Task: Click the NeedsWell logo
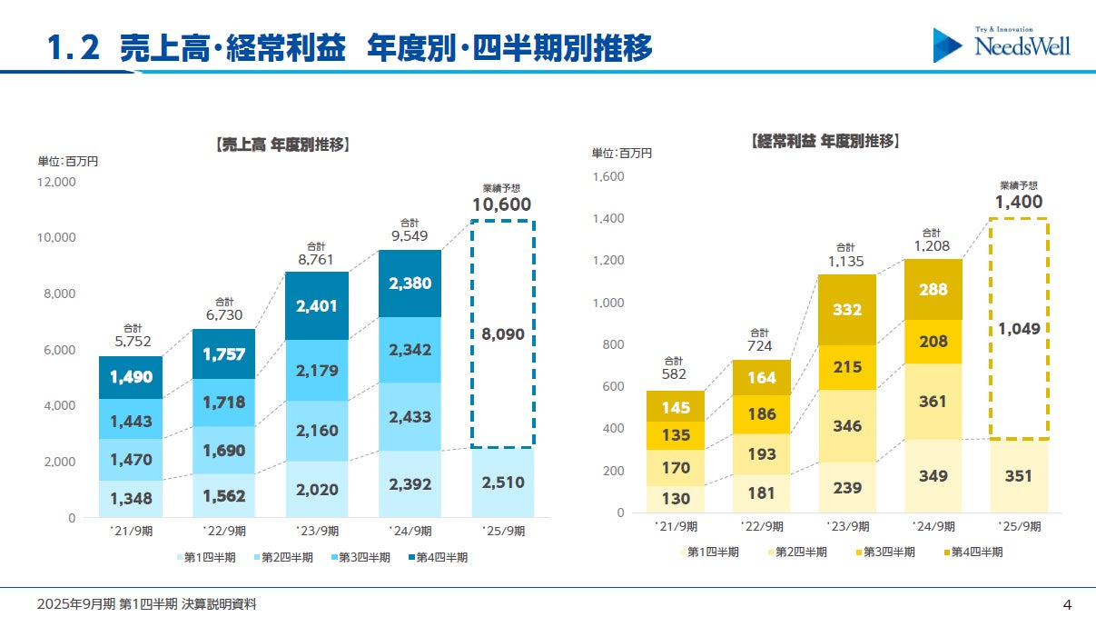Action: coord(1002,44)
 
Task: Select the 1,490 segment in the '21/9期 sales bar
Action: coord(131,377)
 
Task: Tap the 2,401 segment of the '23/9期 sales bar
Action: coord(316,306)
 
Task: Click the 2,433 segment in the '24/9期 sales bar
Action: coord(410,416)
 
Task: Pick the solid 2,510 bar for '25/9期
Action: coord(502,483)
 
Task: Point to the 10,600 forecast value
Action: coord(502,204)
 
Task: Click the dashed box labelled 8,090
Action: coord(502,334)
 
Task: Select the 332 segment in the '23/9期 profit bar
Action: coord(845,310)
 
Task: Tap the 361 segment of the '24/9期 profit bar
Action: coord(932,401)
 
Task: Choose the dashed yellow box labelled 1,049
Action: coord(1019,328)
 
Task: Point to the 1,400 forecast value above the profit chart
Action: coord(1019,202)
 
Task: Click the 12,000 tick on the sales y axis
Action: coord(56,182)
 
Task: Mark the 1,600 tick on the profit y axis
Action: coord(608,176)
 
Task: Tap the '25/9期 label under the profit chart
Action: coord(1019,526)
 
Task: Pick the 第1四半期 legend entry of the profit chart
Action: coord(707,552)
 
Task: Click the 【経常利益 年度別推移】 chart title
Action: coord(825,141)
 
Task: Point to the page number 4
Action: coord(1067,604)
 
